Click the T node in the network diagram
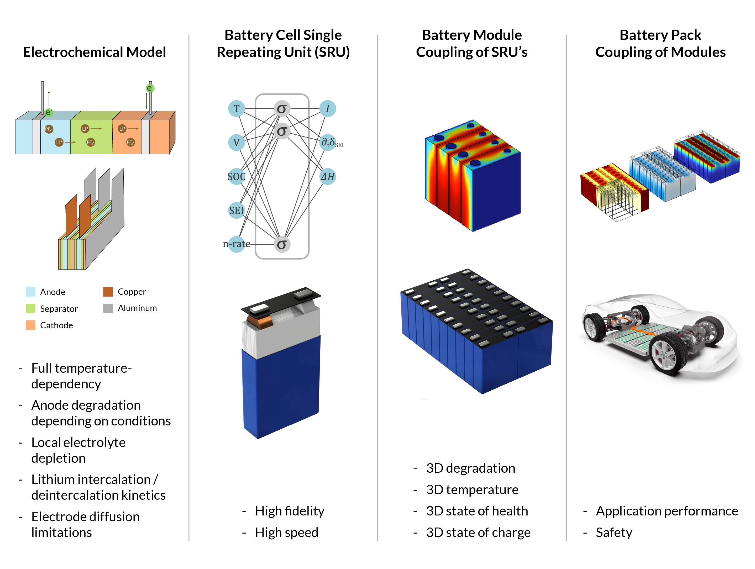(236, 109)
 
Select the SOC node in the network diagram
(236, 176)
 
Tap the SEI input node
(236, 210)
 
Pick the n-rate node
(236, 244)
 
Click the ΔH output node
(328, 176)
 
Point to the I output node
(328, 109)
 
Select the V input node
(236, 142)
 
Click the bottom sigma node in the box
(282, 244)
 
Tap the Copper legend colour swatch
(108, 292)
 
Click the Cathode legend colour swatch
(30, 325)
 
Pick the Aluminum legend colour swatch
(108, 308)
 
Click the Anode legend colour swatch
(30, 292)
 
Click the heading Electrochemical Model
(94, 52)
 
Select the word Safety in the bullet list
(614, 533)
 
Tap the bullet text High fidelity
(290, 511)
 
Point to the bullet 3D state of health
(477, 511)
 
